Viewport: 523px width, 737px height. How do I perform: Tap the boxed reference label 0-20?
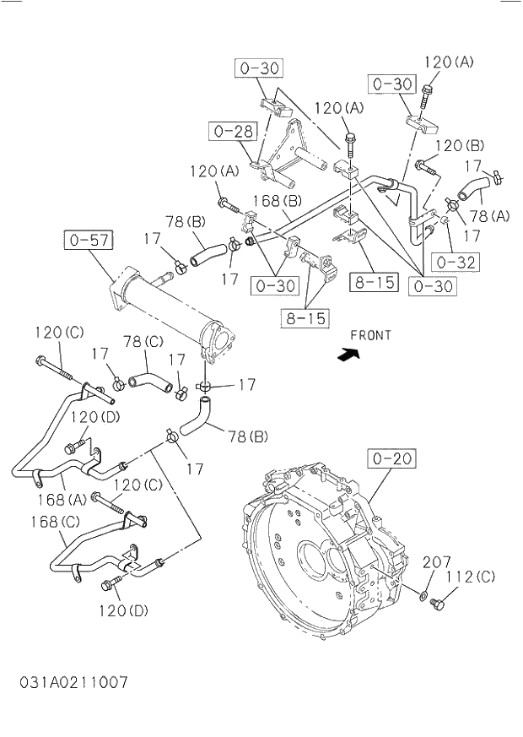[391, 459]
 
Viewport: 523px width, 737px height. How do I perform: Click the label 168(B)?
[278, 201]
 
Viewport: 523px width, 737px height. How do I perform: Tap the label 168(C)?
[57, 521]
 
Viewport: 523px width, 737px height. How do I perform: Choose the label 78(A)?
[489, 215]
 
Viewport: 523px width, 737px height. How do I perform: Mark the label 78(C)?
[143, 341]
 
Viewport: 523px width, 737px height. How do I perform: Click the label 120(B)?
[461, 145]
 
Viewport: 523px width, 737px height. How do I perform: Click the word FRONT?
[370, 335]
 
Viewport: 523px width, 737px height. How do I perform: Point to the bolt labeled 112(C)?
[436, 604]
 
